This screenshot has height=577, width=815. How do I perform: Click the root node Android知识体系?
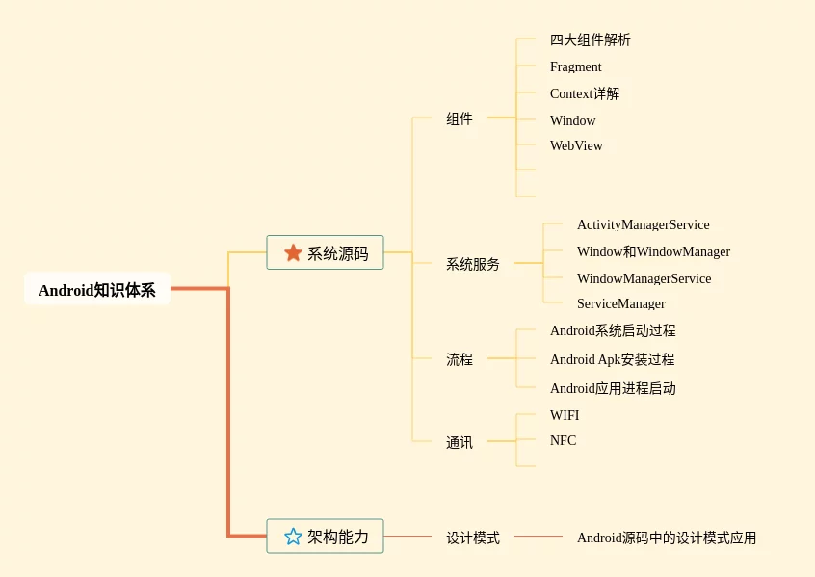coord(97,289)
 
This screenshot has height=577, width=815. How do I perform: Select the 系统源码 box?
coord(325,252)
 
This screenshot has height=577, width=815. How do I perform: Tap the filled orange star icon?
coord(293,252)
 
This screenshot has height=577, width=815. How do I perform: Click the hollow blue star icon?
coord(293,536)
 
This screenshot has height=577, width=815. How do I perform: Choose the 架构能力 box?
coord(325,536)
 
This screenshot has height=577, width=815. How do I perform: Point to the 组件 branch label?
coord(460,118)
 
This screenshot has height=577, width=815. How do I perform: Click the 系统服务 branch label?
coord(473,264)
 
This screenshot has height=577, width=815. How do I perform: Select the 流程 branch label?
coord(460,359)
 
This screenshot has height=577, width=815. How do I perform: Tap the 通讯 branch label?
coord(460,442)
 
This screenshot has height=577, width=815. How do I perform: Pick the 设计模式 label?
coord(473,538)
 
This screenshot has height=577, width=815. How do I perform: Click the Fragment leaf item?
coord(575,67)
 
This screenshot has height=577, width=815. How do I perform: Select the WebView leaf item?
coord(576,145)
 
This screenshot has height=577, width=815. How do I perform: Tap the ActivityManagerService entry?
coord(643,224)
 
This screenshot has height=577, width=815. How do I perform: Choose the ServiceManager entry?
coord(621,303)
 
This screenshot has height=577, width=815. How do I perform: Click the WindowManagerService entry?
coord(644,278)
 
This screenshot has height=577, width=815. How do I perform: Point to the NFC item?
coord(563,440)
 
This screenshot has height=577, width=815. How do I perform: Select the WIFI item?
coord(565,415)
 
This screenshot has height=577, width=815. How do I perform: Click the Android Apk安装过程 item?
coord(613,359)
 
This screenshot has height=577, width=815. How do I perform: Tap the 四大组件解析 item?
coord(590,39)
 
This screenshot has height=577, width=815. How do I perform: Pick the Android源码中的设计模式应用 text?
coord(667,538)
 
